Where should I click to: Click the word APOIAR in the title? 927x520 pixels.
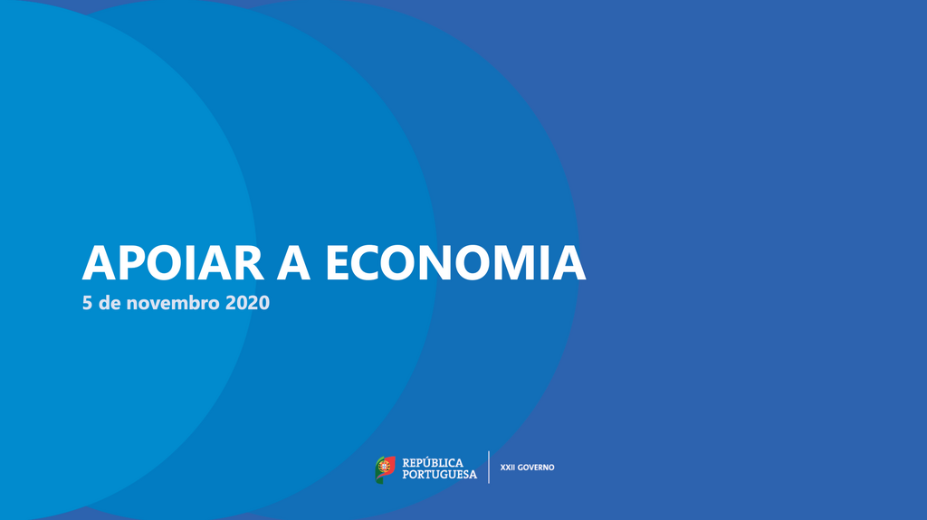172,262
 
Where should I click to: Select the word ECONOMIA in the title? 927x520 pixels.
455,262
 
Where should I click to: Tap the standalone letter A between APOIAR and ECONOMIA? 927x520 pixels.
295,262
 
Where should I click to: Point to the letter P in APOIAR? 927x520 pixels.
132,262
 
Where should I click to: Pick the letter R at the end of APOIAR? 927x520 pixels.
245,262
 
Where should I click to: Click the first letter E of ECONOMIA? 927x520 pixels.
339,262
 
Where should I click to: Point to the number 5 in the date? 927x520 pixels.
88,304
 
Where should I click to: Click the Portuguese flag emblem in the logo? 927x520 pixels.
386,468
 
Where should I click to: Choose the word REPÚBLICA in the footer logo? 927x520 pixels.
433,462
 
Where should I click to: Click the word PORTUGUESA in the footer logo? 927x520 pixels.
439,474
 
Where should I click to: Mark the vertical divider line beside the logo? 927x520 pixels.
489,468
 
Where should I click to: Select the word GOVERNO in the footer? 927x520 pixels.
536,468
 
